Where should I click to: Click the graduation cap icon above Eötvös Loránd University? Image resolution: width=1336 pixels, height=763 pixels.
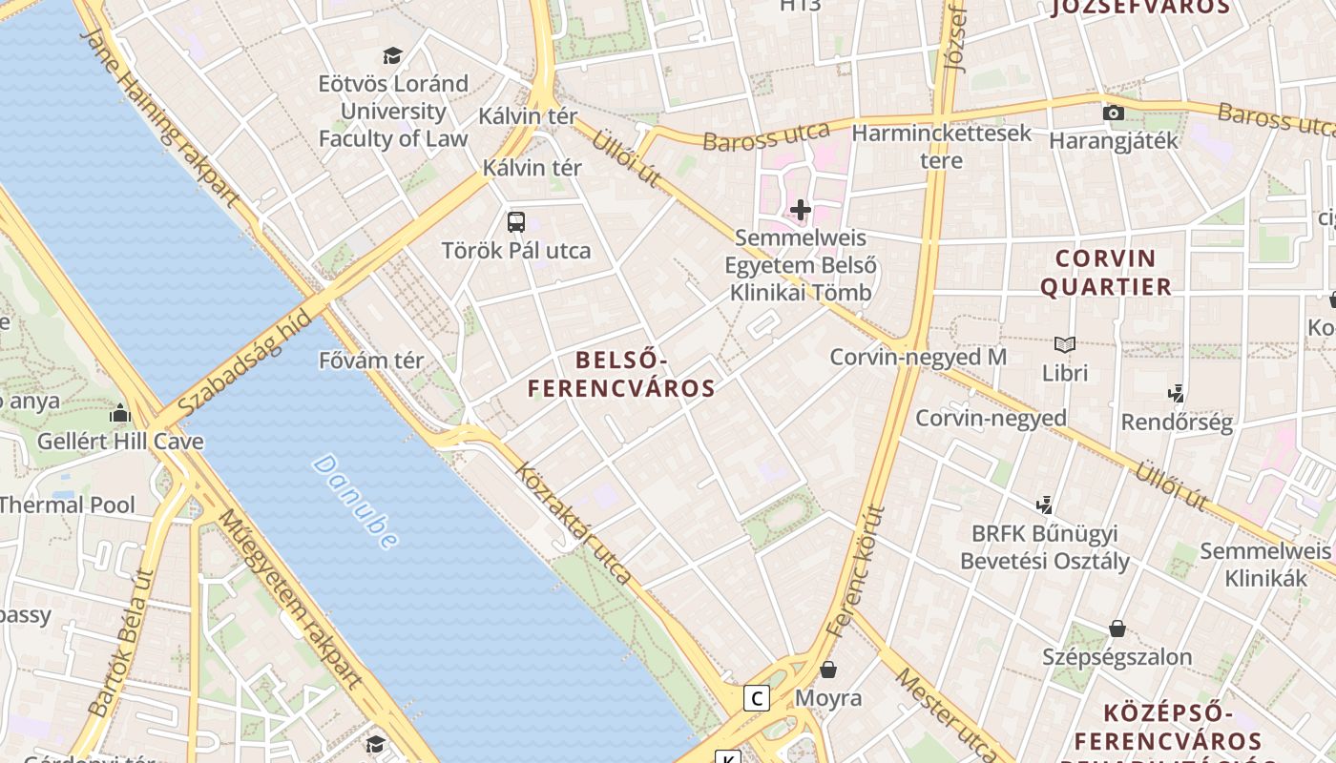[392, 55]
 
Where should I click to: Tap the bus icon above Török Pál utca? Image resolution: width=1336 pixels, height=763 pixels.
[516, 222]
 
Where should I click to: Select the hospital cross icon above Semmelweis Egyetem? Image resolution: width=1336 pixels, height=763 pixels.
[801, 210]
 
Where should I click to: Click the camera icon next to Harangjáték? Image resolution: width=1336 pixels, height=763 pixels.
[1113, 113]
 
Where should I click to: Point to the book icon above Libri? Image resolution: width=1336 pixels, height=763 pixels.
[1065, 344]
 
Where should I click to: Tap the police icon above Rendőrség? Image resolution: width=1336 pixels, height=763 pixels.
[1177, 393]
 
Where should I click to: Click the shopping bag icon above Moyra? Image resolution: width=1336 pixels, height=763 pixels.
[828, 670]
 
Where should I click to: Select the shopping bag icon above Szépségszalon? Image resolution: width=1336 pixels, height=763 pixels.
[1117, 629]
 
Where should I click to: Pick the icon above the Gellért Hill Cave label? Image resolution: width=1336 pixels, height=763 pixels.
[120, 414]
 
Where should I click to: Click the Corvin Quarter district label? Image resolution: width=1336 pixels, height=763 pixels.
[1106, 273]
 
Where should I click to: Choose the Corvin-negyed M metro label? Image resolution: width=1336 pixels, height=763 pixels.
[918, 357]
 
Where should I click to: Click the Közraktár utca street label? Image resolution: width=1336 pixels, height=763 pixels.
[574, 523]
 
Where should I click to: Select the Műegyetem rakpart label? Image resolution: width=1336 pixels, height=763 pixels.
[290, 600]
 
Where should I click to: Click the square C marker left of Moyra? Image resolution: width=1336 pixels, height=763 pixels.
[757, 698]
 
